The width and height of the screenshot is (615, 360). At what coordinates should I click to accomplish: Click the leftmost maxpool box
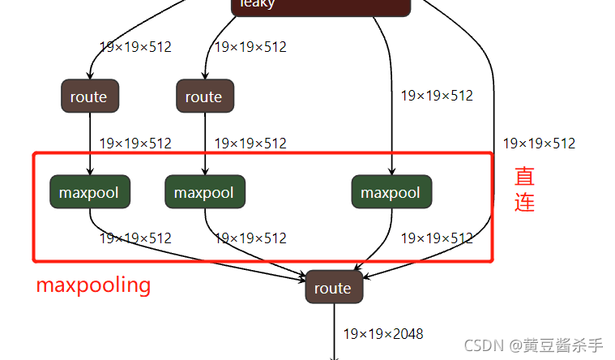tap(89, 192)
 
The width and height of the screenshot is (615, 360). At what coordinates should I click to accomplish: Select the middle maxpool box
tap(204, 192)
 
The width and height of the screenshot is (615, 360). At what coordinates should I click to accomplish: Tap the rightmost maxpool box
tap(391, 192)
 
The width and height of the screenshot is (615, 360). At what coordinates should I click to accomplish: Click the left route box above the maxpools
tap(89, 96)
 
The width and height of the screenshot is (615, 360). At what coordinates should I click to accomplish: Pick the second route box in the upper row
tap(204, 96)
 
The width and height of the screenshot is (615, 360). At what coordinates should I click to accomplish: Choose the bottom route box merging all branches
tap(333, 288)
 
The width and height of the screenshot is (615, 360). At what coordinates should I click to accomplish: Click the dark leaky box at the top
tap(321, 5)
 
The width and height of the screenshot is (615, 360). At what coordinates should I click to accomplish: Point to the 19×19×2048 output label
tap(383, 334)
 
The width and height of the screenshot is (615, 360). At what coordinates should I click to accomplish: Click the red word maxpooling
tap(93, 285)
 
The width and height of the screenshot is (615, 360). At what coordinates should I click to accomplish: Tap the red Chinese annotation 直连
tap(524, 189)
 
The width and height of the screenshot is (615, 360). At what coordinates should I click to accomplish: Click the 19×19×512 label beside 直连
tap(539, 144)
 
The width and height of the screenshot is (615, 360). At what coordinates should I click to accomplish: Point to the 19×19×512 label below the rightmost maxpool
tap(437, 238)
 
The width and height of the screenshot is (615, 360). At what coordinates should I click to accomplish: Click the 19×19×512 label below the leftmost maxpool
tap(135, 238)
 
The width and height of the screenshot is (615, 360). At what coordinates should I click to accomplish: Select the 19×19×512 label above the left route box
tap(135, 47)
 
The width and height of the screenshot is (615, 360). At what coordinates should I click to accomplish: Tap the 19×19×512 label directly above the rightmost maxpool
tap(437, 96)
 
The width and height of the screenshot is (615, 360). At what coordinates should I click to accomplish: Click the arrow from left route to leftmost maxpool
tap(89, 146)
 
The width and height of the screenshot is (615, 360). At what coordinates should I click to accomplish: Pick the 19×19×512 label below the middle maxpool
tap(250, 238)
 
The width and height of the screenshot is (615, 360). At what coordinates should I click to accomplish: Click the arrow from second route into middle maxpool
tap(204, 146)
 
